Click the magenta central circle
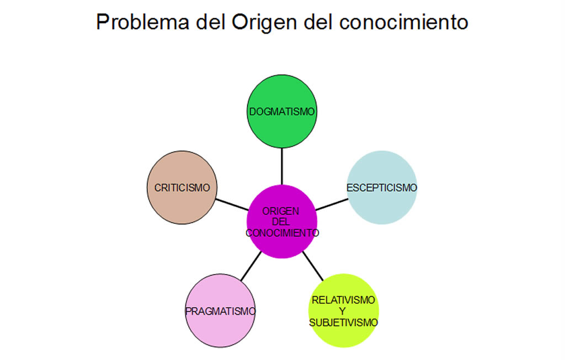point(282,248)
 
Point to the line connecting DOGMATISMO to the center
point(282,165)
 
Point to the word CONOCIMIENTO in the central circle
point(282,233)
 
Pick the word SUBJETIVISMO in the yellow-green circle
point(343,323)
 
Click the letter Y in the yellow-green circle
point(343,311)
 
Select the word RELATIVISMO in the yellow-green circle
point(343,300)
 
